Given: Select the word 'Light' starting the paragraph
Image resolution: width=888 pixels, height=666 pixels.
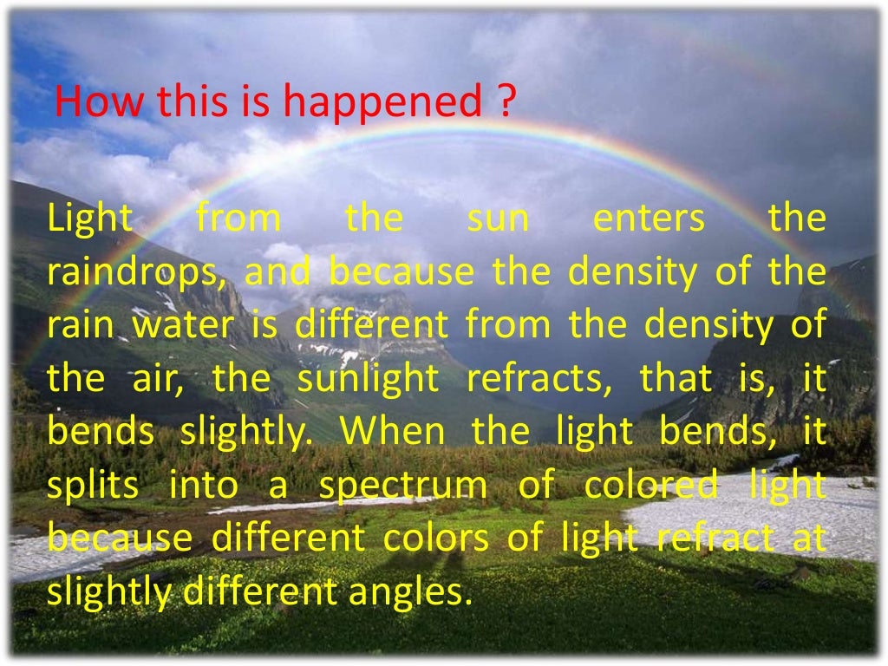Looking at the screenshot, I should click(89, 219).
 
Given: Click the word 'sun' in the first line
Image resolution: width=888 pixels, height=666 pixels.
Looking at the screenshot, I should click(498, 219).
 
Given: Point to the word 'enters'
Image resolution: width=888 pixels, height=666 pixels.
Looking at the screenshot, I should click(649, 219).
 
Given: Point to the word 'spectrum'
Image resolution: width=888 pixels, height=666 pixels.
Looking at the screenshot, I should click(403, 486).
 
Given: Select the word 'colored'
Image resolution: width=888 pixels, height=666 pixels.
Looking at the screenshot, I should click(651, 486).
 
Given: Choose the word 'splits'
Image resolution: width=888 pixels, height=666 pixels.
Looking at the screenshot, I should click(93, 486).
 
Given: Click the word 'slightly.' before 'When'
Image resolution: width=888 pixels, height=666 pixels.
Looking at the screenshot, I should click(245, 433).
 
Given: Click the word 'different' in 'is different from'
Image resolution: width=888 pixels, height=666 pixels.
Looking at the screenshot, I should click(372, 326).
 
